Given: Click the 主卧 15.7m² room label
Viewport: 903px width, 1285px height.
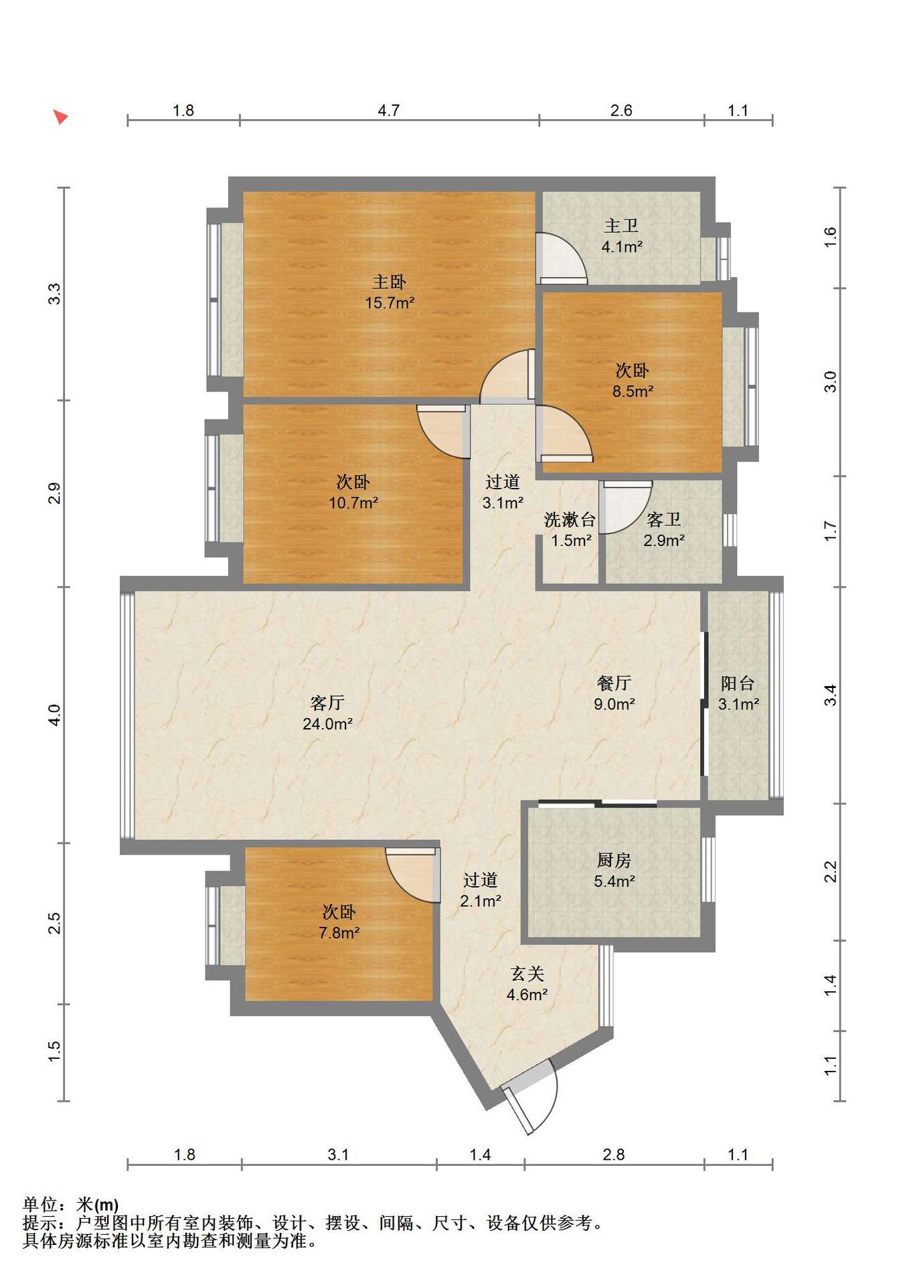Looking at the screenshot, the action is click(x=390, y=292).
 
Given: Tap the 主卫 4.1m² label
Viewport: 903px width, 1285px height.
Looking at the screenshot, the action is click(x=622, y=236).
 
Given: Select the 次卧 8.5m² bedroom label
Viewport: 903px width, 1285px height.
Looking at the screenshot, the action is click(x=633, y=380).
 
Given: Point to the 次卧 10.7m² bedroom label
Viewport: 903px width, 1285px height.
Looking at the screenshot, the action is click(x=353, y=492).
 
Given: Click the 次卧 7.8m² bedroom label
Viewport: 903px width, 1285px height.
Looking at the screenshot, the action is click(x=339, y=922).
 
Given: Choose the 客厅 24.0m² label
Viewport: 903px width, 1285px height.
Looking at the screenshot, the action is click(x=327, y=713).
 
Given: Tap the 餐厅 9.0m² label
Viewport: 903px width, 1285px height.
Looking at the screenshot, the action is click(x=614, y=693).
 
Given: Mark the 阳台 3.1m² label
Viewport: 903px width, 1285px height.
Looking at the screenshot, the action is click(x=738, y=693).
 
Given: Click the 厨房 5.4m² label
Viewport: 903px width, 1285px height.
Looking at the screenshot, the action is click(x=614, y=870).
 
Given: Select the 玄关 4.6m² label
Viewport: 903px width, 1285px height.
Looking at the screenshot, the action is click(x=527, y=984).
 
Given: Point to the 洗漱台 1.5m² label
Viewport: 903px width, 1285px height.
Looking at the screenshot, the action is click(x=570, y=529).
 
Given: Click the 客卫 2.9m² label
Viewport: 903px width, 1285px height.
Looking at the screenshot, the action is click(x=664, y=529).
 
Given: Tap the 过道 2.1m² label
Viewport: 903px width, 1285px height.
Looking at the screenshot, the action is click(x=481, y=890).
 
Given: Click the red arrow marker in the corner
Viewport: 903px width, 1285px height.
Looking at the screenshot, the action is click(x=60, y=117).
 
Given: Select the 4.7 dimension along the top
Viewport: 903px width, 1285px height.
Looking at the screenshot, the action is click(x=389, y=110).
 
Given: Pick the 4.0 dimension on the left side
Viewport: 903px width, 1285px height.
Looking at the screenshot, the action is click(x=55, y=715).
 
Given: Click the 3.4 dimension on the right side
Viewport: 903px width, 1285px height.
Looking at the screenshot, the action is click(x=831, y=695).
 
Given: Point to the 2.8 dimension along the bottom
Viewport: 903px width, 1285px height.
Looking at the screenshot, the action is click(x=614, y=1154).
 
